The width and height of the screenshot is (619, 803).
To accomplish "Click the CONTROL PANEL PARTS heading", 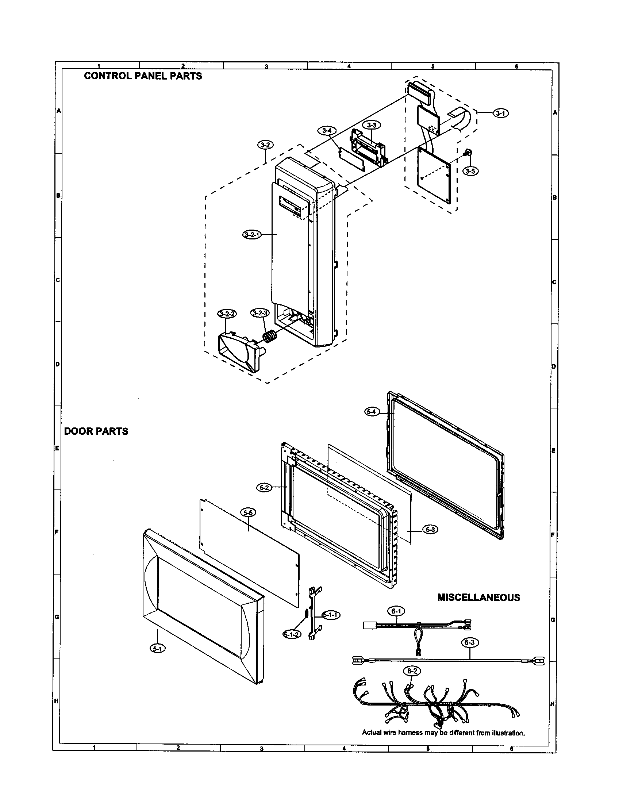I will tap(143, 76).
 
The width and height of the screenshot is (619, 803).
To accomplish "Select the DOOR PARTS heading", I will tap(96, 431).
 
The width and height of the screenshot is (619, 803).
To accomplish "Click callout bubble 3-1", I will tap(501, 113).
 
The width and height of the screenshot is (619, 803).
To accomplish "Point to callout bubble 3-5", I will tap(470, 171).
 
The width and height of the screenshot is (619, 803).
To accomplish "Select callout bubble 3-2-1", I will tap(252, 234).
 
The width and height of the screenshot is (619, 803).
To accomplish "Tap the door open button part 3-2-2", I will tap(239, 351).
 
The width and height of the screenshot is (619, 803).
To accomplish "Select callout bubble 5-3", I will tap(430, 530).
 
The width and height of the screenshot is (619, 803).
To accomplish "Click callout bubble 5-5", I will tap(248, 512).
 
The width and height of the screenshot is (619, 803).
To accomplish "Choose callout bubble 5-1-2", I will tap(292, 634).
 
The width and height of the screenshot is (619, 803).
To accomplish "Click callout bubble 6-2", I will tap(412, 671).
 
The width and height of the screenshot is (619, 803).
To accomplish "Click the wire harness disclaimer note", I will tap(443, 733).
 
